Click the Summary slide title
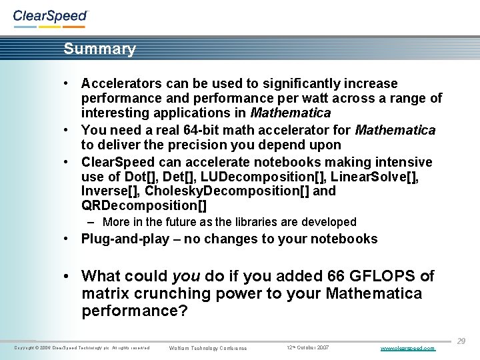[99, 49]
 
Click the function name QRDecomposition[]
[144, 206]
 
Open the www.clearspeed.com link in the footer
[407, 348]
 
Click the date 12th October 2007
[307, 348]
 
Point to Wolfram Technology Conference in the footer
[208, 348]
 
